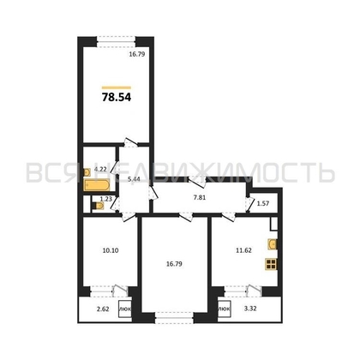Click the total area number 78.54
coord(118,97)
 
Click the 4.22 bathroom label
coord(100,170)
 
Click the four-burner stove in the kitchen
coord(273,263)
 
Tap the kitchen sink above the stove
coord(273,243)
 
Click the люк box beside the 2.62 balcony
coord(124,309)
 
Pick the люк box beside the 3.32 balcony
coord(224,309)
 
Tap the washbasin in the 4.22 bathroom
coord(88,171)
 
